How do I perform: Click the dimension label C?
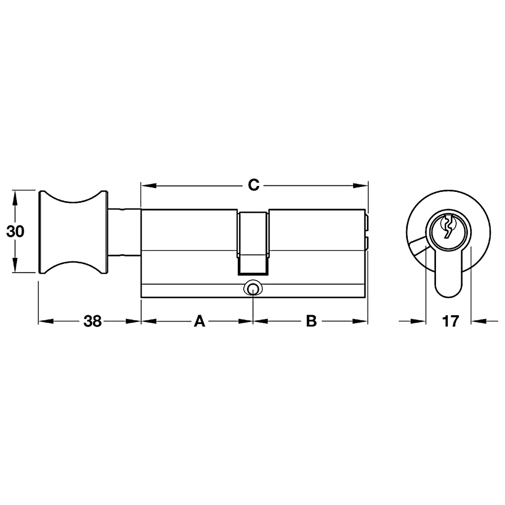click(x=253, y=185)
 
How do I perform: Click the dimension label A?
click(x=199, y=321)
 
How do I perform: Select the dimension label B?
click(x=312, y=321)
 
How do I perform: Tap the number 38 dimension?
click(x=93, y=321)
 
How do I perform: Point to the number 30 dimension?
click(x=15, y=232)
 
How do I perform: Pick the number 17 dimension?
click(x=450, y=321)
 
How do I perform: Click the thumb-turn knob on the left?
click(x=73, y=232)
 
